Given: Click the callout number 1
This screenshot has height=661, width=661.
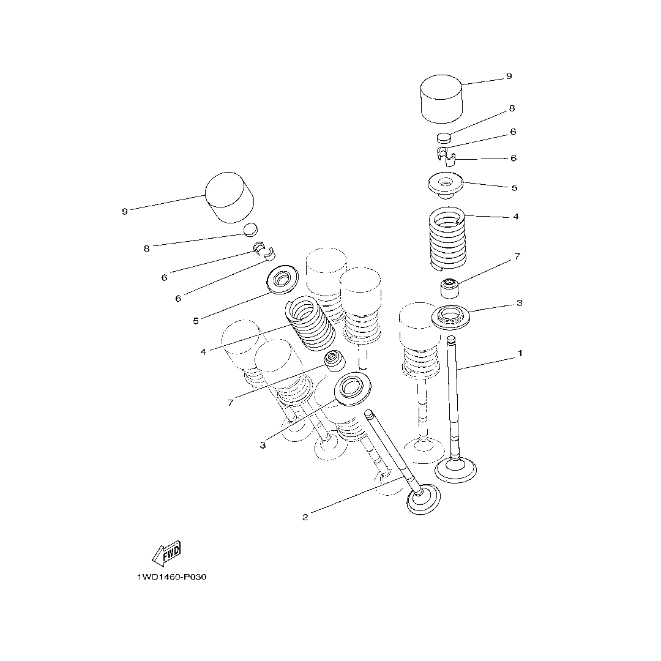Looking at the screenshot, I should (x=520, y=353).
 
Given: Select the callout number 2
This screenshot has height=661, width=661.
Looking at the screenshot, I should (x=305, y=518).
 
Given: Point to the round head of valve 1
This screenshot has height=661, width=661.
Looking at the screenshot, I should (x=455, y=471).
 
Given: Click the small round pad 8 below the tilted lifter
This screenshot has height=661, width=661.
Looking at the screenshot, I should (x=250, y=230).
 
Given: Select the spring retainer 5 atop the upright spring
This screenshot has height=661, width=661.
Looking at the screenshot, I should (x=446, y=185).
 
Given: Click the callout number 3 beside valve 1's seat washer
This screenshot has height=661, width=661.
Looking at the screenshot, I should (x=519, y=303).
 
